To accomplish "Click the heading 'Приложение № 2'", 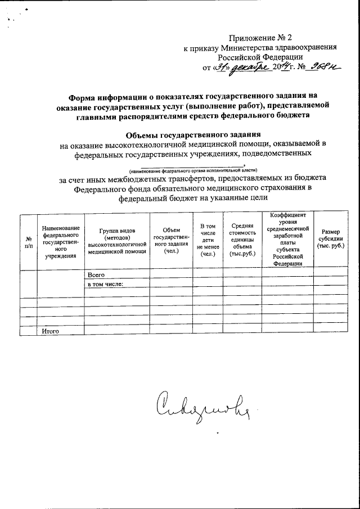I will (265, 38).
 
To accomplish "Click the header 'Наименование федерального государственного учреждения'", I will (60, 241).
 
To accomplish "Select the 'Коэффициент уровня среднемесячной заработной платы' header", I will (287, 240).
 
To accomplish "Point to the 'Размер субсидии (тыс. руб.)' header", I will (330, 240).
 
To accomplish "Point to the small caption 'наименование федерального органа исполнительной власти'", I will (193, 170).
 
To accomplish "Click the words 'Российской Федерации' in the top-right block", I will (260, 57).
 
